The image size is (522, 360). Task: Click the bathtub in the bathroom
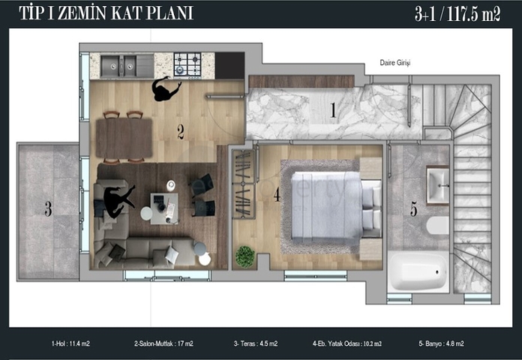(418, 271)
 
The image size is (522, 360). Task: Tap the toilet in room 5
(438, 226)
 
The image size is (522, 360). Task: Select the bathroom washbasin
(438, 185)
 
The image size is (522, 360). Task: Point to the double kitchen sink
(118, 65)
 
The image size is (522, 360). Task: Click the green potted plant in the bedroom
(245, 256)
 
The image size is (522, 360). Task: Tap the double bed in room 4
(336, 205)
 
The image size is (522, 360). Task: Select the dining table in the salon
(124, 139)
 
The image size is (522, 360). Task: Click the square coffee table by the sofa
(163, 208)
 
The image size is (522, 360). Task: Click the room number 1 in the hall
(333, 110)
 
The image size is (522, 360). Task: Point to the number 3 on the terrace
(48, 209)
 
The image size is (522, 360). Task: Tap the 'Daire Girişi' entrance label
(395, 62)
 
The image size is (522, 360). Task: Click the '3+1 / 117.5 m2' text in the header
(457, 15)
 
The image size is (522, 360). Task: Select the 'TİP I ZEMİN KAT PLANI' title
(106, 13)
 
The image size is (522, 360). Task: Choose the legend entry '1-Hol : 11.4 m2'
(70, 343)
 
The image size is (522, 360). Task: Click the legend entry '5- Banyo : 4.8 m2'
(441, 343)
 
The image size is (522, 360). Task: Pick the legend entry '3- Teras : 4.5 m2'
(256, 343)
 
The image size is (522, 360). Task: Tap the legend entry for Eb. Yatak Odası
(347, 343)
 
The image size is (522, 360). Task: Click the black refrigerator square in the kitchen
(229, 65)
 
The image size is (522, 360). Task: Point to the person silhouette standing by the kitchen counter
(166, 88)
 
